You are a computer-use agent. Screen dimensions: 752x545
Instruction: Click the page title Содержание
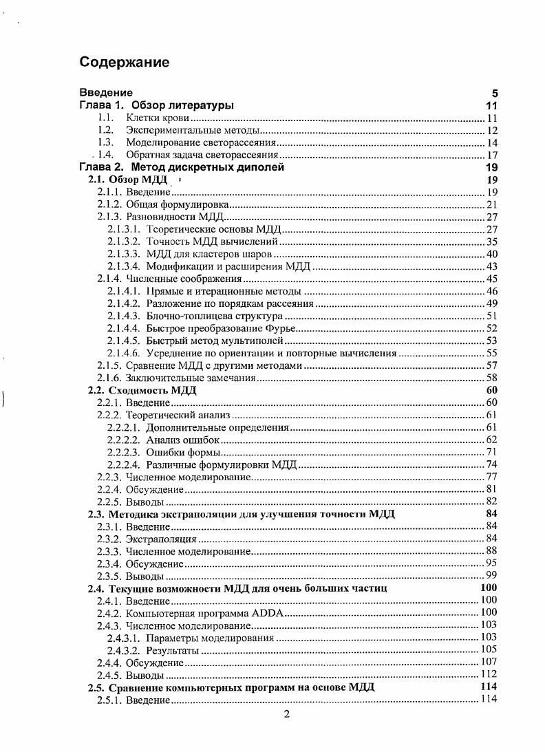(124, 63)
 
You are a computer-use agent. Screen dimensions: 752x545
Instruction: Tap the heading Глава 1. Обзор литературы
(156, 105)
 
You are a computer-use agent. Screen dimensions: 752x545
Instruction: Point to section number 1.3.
(105, 142)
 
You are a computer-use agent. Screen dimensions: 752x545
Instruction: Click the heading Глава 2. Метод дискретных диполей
(182, 167)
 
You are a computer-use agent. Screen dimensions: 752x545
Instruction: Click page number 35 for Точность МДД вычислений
(491, 241)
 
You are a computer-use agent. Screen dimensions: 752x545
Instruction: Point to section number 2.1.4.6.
(124, 353)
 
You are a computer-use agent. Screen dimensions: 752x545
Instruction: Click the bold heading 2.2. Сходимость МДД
(142, 390)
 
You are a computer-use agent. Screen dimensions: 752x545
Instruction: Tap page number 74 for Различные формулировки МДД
(491, 464)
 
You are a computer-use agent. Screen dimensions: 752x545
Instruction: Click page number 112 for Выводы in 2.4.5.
(489, 674)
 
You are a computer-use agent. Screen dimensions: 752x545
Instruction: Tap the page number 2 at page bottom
(287, 713)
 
